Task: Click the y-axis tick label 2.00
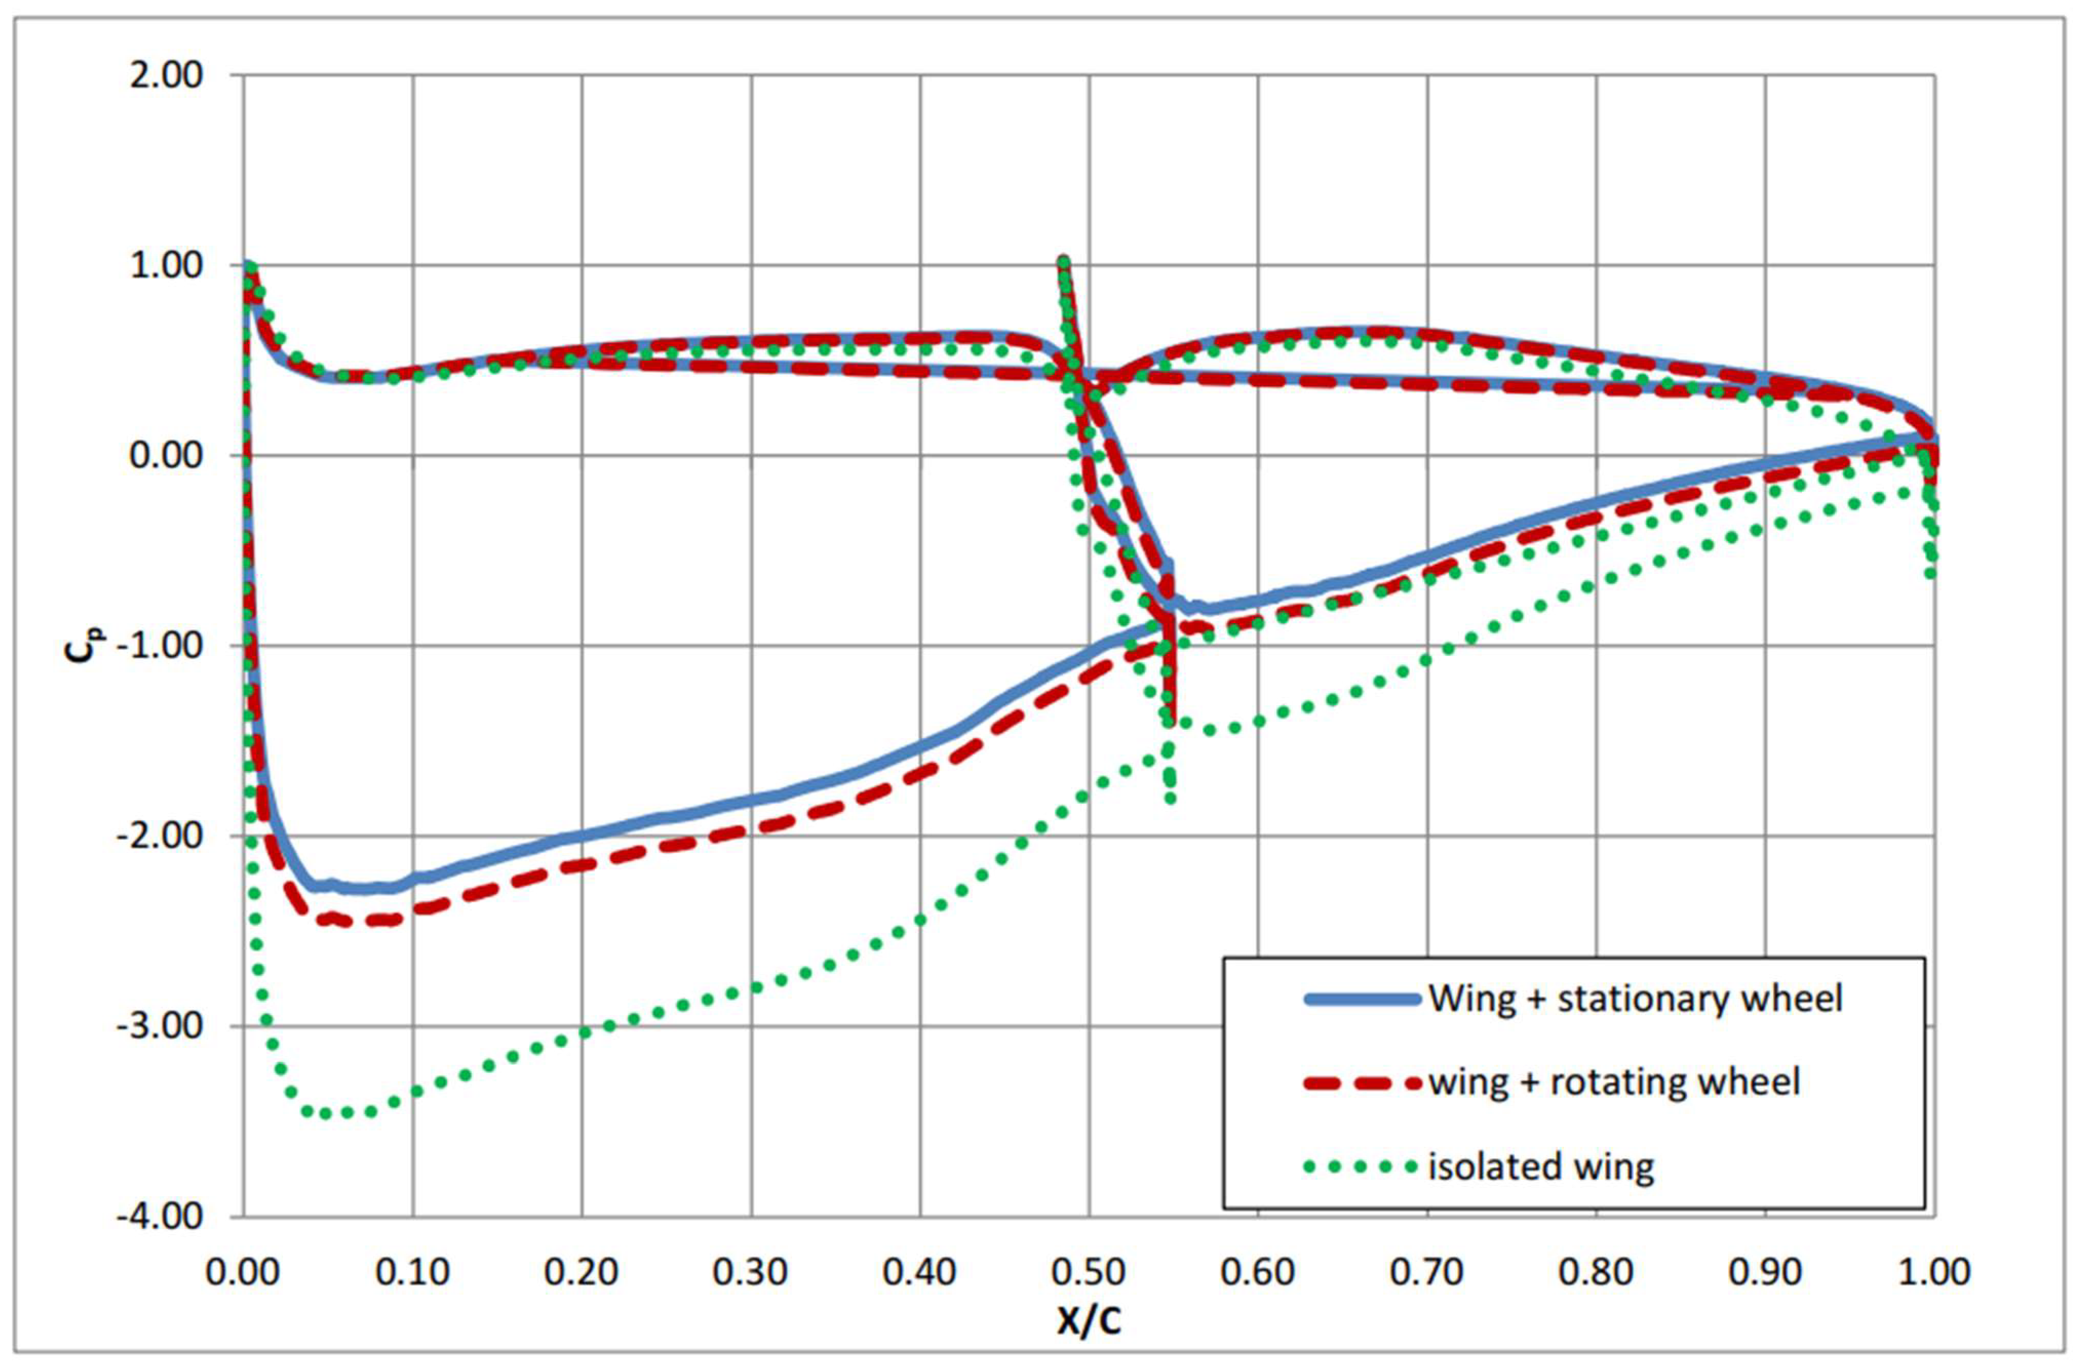pos(166,76)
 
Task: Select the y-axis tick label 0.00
pos(166,455)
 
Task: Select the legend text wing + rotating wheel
pos(1614,1082)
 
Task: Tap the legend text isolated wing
pos(1541,1166)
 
